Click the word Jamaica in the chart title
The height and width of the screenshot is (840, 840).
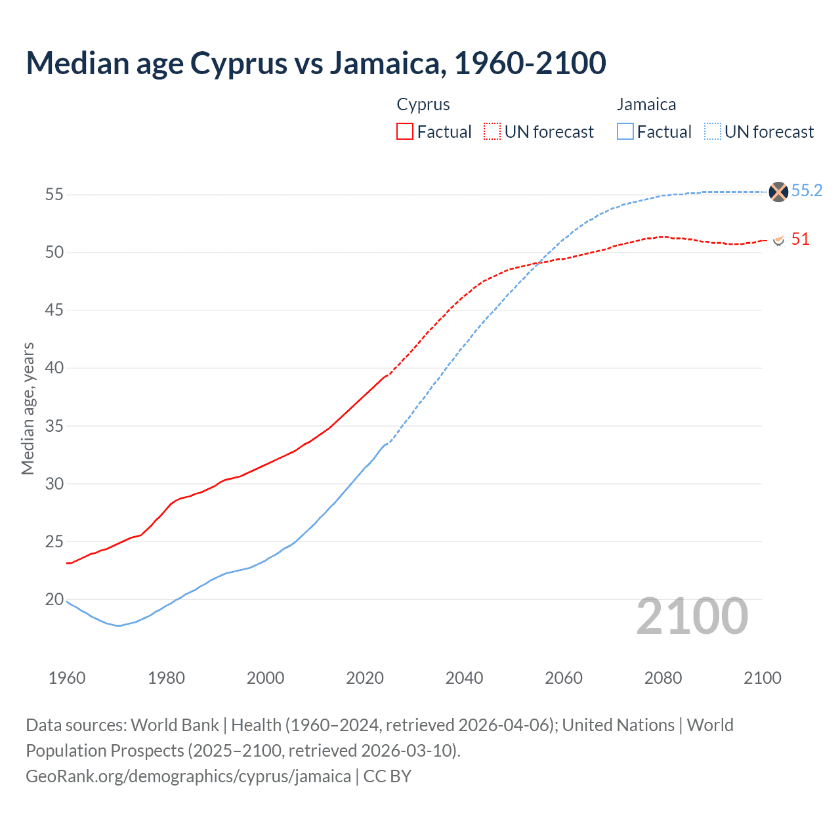click(x=385, y=63)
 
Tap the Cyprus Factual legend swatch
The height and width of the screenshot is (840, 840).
click(x=405, y=131)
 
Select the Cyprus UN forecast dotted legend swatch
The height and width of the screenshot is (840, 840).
click(x=492, y=131)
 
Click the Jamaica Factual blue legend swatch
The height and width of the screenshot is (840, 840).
click(x=625, y=131)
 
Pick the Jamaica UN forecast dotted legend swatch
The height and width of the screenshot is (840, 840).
click(x=713, y=131)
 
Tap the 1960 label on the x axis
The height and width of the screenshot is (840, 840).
click(x=67, y=678)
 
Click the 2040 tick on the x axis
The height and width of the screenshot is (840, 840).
click(x=464, y=678)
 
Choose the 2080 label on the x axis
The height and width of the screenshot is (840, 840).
click(x=663, y=678)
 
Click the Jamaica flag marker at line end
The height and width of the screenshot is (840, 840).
click(x=778, y=192)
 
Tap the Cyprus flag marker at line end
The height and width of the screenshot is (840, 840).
click(x=778, y=240)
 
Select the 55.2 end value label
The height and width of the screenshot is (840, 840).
click(x=807, y=191)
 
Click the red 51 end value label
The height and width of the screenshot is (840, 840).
click(x=800, y=240)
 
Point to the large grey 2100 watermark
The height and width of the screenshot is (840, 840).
click(x=692, y=616)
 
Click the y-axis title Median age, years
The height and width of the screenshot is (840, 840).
click(x=28, y=408)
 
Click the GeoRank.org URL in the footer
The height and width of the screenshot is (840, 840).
click(x=188, y=776)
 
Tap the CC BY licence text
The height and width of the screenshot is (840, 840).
click(x=387, y=776)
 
